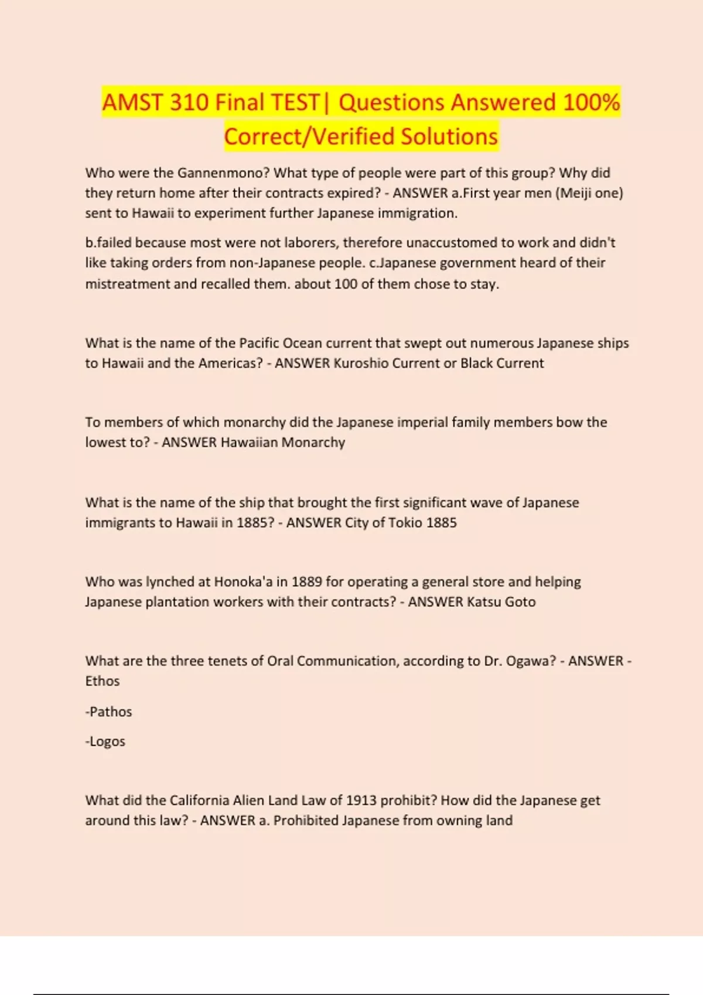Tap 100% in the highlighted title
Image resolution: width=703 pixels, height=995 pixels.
pyautogui.click(x=591, y=102)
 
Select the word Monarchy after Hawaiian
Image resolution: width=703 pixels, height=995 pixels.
pyautogui.click(x=313, y=442)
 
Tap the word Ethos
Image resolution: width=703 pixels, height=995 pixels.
pyautogui.click(x=103, y=681)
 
